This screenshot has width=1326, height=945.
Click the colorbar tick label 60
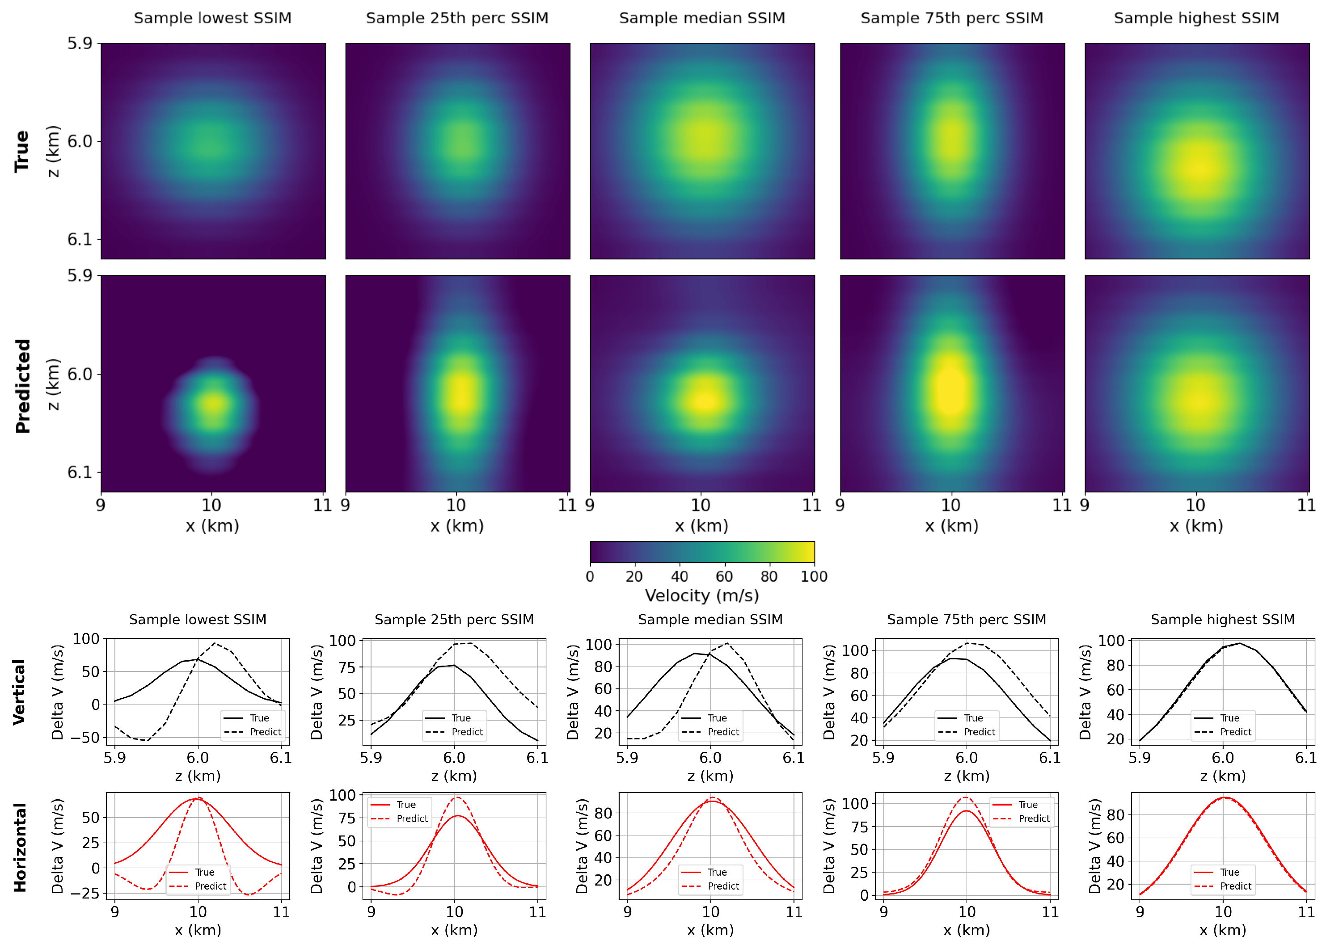pyautogui.click(x=724, y=577)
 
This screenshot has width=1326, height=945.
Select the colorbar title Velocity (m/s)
pyautogui.click(x=702, y=596)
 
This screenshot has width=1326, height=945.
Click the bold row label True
pyautogui.click(x=22, y=151)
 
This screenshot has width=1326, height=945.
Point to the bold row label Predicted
pyautogui.click(x=22, y=386)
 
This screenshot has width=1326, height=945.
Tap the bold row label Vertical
pyautogui.click(x=19, y=692)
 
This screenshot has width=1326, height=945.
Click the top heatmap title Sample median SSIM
pyautogui.click(x=702, y=18)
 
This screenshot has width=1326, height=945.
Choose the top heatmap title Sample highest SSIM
pyautogui.click(x=1196, y=18)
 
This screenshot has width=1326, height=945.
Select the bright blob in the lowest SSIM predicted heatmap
pyautogui.click(x=214, y=403)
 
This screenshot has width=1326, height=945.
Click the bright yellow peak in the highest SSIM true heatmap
pyautogui.click(x=1199, y=168)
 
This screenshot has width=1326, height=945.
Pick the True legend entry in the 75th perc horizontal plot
pyautogui.click(x=1027, y=805)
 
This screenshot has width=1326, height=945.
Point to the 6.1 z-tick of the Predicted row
pyautogui.click(x=80, y=472)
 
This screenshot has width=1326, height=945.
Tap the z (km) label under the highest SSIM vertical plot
pyautogui.click(x=1222, y=776)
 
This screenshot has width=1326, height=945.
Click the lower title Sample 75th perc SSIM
pyautogui.click(x=967, y=620)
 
